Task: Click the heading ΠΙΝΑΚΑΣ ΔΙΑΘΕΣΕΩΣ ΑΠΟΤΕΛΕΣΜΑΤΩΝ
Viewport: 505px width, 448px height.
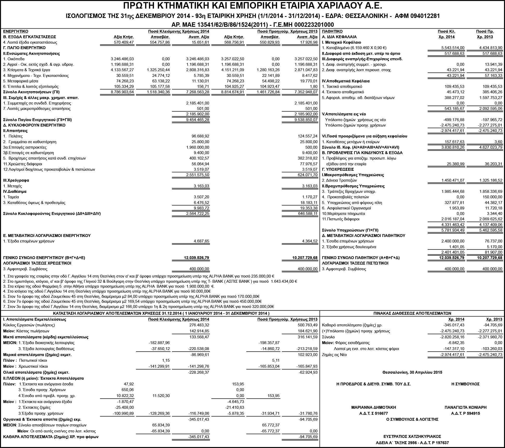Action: point(412,313)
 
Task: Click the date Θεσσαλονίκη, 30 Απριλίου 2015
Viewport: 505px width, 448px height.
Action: point(412,372)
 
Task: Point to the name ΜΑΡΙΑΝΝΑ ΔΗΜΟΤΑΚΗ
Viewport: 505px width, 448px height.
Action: point(374,407)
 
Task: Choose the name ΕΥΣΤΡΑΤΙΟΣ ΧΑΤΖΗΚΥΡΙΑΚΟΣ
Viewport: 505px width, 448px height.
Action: point(412,437)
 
